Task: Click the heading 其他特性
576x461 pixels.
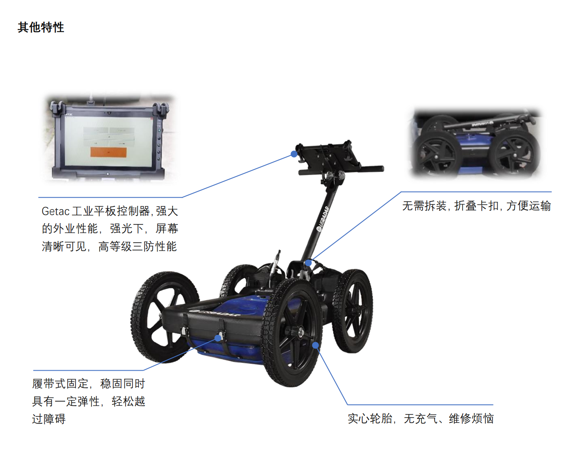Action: click(x=41, y=27)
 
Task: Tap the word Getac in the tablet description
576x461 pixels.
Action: click(x=56, y=212)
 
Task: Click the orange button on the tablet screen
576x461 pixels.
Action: click(x=108, y=152)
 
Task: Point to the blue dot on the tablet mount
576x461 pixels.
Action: click(x=294, y=154)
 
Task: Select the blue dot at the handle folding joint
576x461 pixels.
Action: click(x=308, y=263)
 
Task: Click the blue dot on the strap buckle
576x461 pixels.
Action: click(x=218, y=338)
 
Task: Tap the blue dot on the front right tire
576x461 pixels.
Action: click(x=316, y=345)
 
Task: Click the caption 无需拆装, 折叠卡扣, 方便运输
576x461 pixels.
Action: click(x=477, y=206)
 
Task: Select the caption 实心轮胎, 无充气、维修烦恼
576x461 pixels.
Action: click(x=421, y=419)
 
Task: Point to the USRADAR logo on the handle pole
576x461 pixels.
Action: click(x=322, y=218)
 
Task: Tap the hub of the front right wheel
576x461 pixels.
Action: click(x=300, y=332)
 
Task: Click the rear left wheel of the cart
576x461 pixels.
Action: click(x=238, y=281)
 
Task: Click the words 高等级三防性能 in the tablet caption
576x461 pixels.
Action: click(x=137, y=247)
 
